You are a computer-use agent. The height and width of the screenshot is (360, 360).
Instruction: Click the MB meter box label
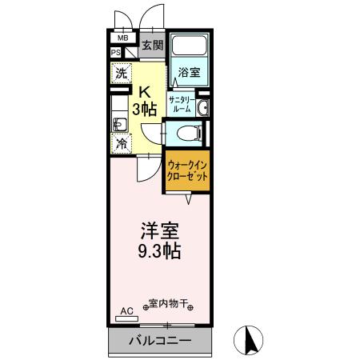click(123, 38)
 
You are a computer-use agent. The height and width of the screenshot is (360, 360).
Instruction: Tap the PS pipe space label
click(115, 53)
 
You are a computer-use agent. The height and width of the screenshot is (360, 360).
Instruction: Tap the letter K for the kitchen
click(146, 91)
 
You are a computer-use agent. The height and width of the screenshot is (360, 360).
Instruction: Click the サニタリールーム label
click(178, 103)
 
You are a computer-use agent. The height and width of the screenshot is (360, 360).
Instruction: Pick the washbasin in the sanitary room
click(202, 107)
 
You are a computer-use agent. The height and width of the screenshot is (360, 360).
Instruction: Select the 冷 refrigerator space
click(120, 144)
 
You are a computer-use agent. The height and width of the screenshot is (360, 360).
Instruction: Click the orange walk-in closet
click(188, 169)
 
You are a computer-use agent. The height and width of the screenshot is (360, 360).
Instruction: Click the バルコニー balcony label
click(161, 342)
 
